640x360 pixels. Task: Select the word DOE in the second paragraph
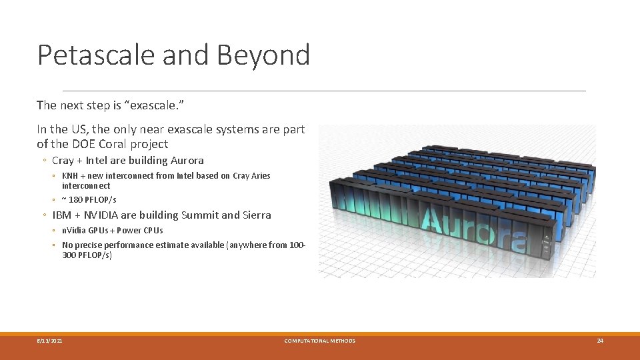[93, 143]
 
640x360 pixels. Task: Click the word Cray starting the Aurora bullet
[63, 160]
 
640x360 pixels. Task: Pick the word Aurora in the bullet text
[187, 160]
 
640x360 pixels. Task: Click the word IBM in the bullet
[62, 215]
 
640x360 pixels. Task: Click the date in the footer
[50, 341]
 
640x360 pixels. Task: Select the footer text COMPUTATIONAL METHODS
[320, 341]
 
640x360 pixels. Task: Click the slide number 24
[599, 341]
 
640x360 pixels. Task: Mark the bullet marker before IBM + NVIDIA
[43, 215]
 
